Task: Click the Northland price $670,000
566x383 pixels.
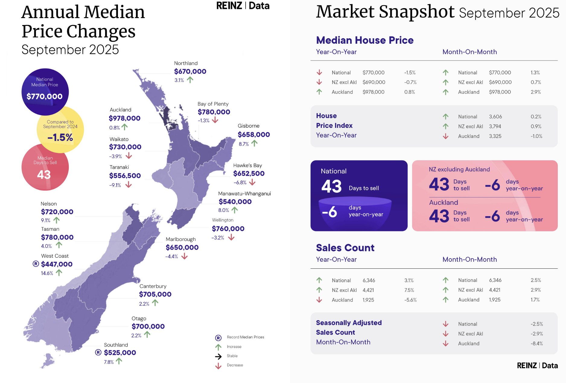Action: [190, 71]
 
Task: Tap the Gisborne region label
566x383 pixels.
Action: [248, 126]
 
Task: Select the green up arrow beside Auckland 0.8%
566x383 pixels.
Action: [125, 127]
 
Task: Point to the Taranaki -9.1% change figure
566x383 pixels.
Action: [115, 185]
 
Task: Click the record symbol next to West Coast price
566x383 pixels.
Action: [36, 264]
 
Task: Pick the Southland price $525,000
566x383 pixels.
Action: [120, 353]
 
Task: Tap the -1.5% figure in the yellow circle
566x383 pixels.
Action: [60, 138]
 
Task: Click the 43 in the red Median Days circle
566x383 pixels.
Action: [44, 175]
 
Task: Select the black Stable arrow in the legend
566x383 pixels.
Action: [218, 356]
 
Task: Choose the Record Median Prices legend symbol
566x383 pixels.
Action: [218, 338]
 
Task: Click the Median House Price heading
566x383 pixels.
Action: [364, 40]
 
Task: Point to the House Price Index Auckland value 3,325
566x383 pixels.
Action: [495, 136]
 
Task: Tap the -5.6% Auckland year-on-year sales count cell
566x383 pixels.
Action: [410, 300]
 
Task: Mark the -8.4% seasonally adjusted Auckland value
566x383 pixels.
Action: [537, 343]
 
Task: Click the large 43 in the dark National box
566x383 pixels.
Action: [331, 186]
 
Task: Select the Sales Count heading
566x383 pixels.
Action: [345, 248]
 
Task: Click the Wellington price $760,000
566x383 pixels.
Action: [228, 229]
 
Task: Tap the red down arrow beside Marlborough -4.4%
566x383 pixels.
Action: [184, 256]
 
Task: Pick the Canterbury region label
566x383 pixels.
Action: [153, 286]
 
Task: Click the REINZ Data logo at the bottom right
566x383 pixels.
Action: [537, 366]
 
